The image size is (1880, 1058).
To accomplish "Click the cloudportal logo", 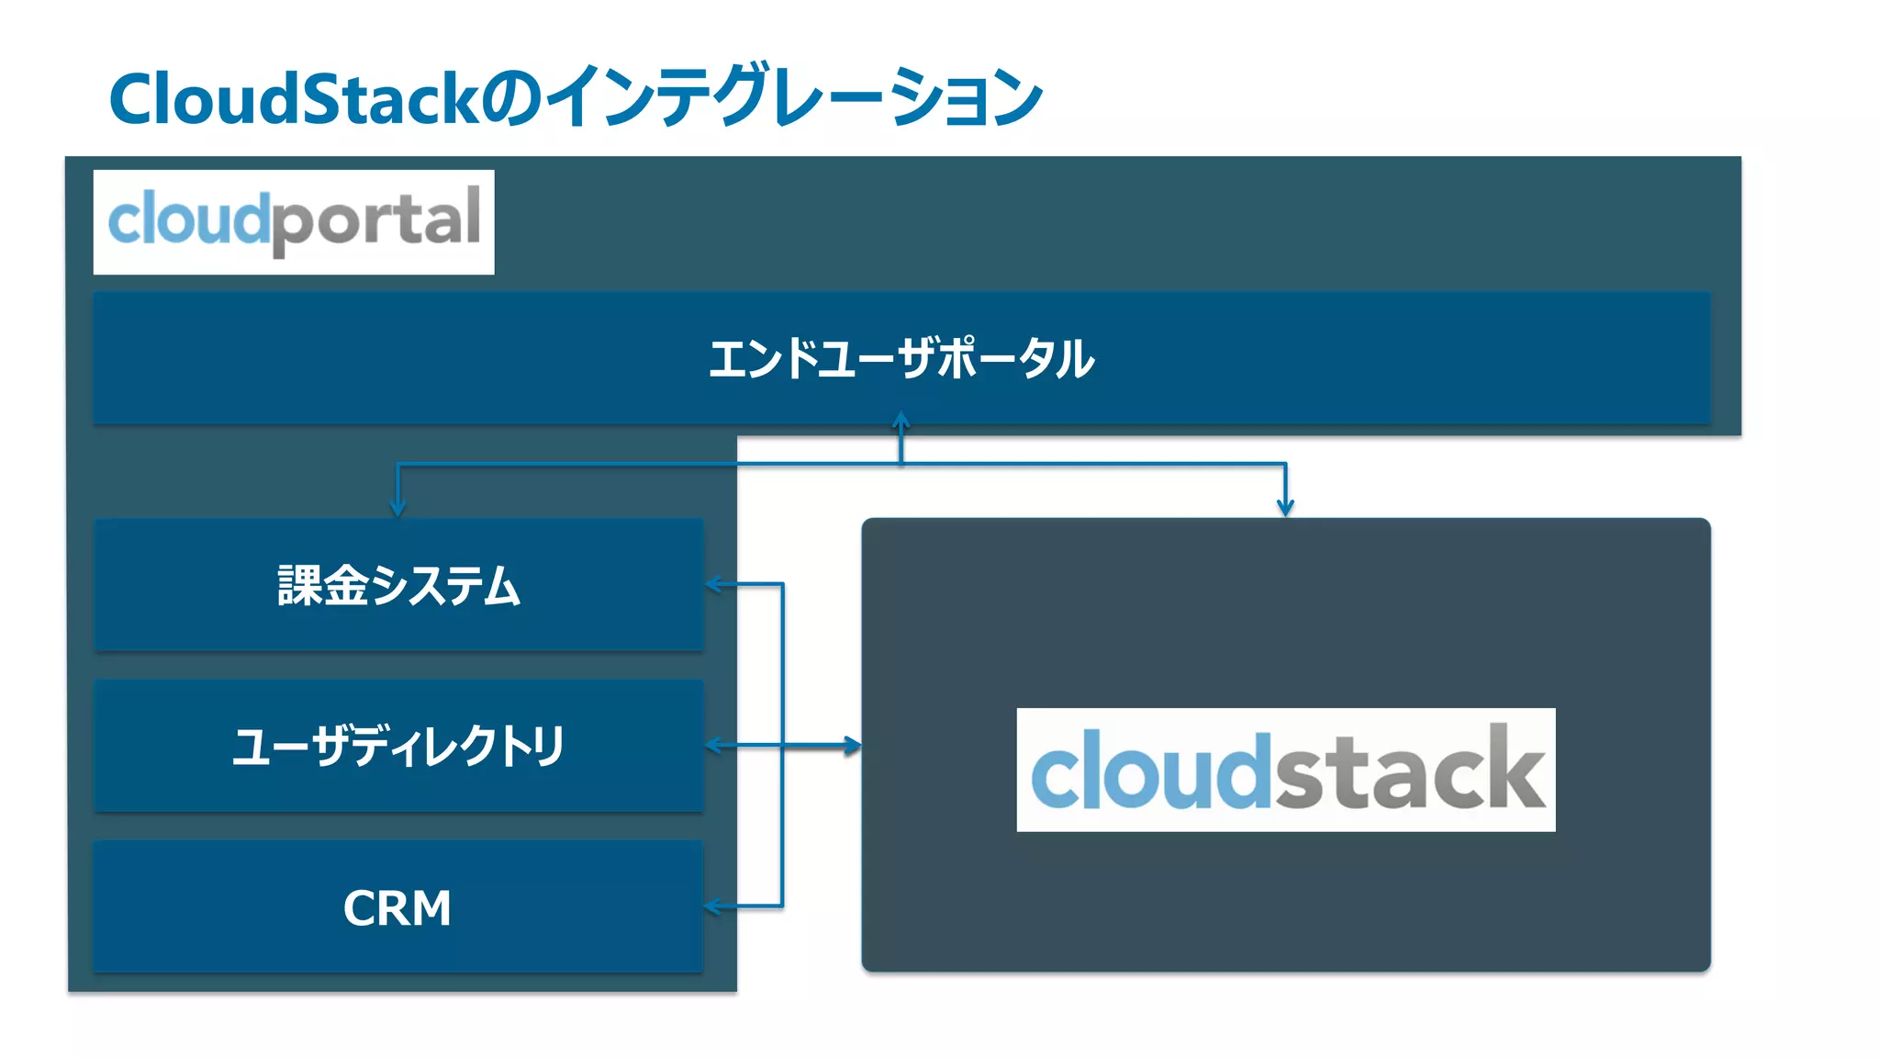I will pos(294,221).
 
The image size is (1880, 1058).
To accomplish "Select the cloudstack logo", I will pos(1285,770).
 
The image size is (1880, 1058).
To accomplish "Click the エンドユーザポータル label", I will pos(901,358).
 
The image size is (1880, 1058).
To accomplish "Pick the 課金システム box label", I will pos(398,585).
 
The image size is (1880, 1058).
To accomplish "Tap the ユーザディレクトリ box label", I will pos(398,746).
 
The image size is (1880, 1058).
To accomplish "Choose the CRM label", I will pos(397,908).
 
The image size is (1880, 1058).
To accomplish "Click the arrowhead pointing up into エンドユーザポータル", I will pos(901,421).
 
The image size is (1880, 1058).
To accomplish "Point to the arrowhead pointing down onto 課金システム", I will pos(397,508).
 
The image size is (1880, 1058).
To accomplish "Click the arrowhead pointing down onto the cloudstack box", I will pos(1285,508).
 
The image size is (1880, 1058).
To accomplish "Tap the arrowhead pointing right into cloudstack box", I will pos(853,746).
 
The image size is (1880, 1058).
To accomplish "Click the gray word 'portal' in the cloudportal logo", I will pos(376,221).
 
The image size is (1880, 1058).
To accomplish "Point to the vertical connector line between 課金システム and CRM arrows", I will pos(782,661).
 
